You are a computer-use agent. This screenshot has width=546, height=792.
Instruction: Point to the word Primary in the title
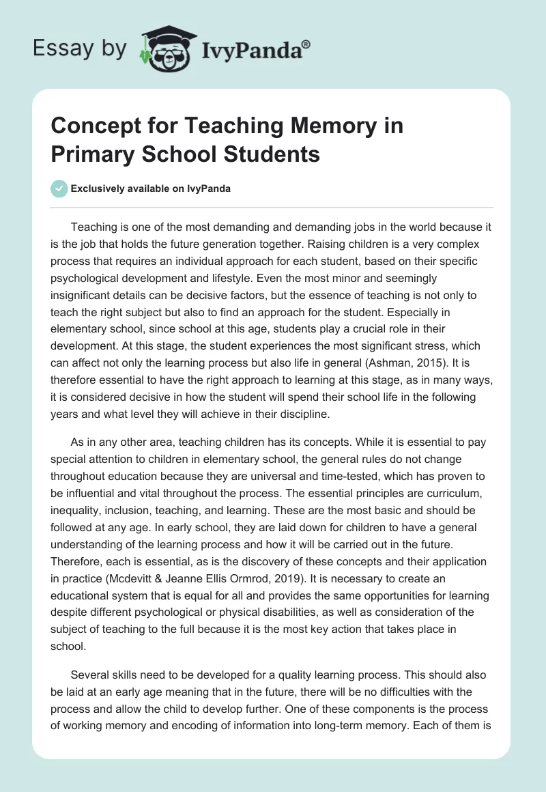click(x=92, y=154)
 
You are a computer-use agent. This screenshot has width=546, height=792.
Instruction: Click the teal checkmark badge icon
click(x=59, y=188)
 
